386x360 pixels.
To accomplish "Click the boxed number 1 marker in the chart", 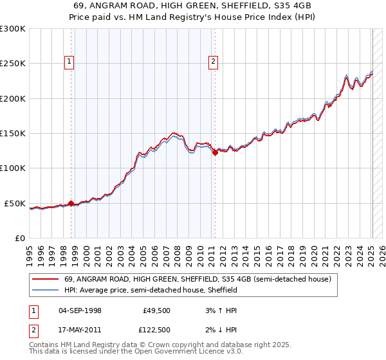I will (x=69, y=62).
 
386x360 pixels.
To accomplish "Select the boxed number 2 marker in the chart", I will (x=213, y=62).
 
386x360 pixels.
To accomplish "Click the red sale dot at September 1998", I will (x=71, y=204).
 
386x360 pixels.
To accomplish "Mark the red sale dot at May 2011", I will (x=215, y=153).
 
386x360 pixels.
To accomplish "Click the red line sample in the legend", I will (x=45, y=279).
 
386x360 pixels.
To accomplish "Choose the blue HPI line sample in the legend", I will (x=45, y=290).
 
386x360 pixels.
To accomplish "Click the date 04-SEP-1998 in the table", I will (x=80, y=310).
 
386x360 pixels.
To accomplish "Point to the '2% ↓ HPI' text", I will (x=219, y=330).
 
